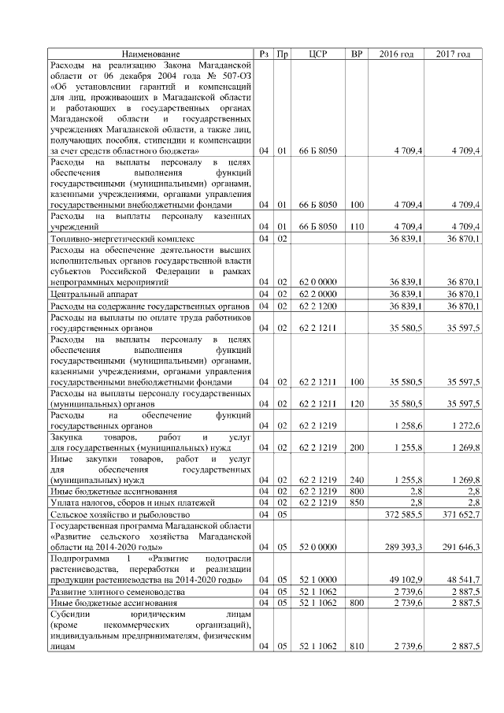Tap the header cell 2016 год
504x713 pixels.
tap(397, 54)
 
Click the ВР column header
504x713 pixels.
tap(357, 54)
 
